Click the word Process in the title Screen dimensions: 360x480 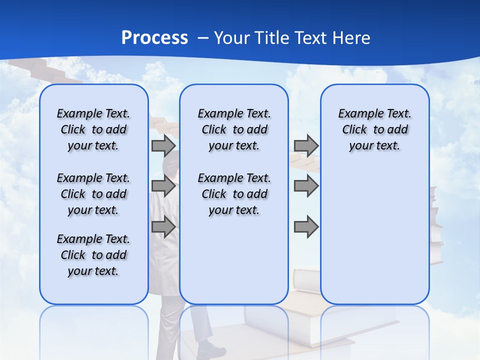(154, 38)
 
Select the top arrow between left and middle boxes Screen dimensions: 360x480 (163, 146)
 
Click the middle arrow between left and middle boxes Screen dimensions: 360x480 (163, 186)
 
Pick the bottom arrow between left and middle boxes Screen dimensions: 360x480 (163, 227)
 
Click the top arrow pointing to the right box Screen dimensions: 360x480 (306, 146)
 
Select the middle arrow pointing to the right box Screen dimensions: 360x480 (306, 186)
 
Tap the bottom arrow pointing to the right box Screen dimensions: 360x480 (306, 227)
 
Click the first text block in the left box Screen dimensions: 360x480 (93, 129)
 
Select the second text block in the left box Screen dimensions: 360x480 (93, 194)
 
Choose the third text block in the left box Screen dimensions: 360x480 (93, 255)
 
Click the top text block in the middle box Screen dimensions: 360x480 (234, 129)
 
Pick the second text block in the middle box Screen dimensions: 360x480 (234, 194)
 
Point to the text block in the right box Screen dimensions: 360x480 (374, 129)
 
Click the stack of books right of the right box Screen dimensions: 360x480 (436, 225)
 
